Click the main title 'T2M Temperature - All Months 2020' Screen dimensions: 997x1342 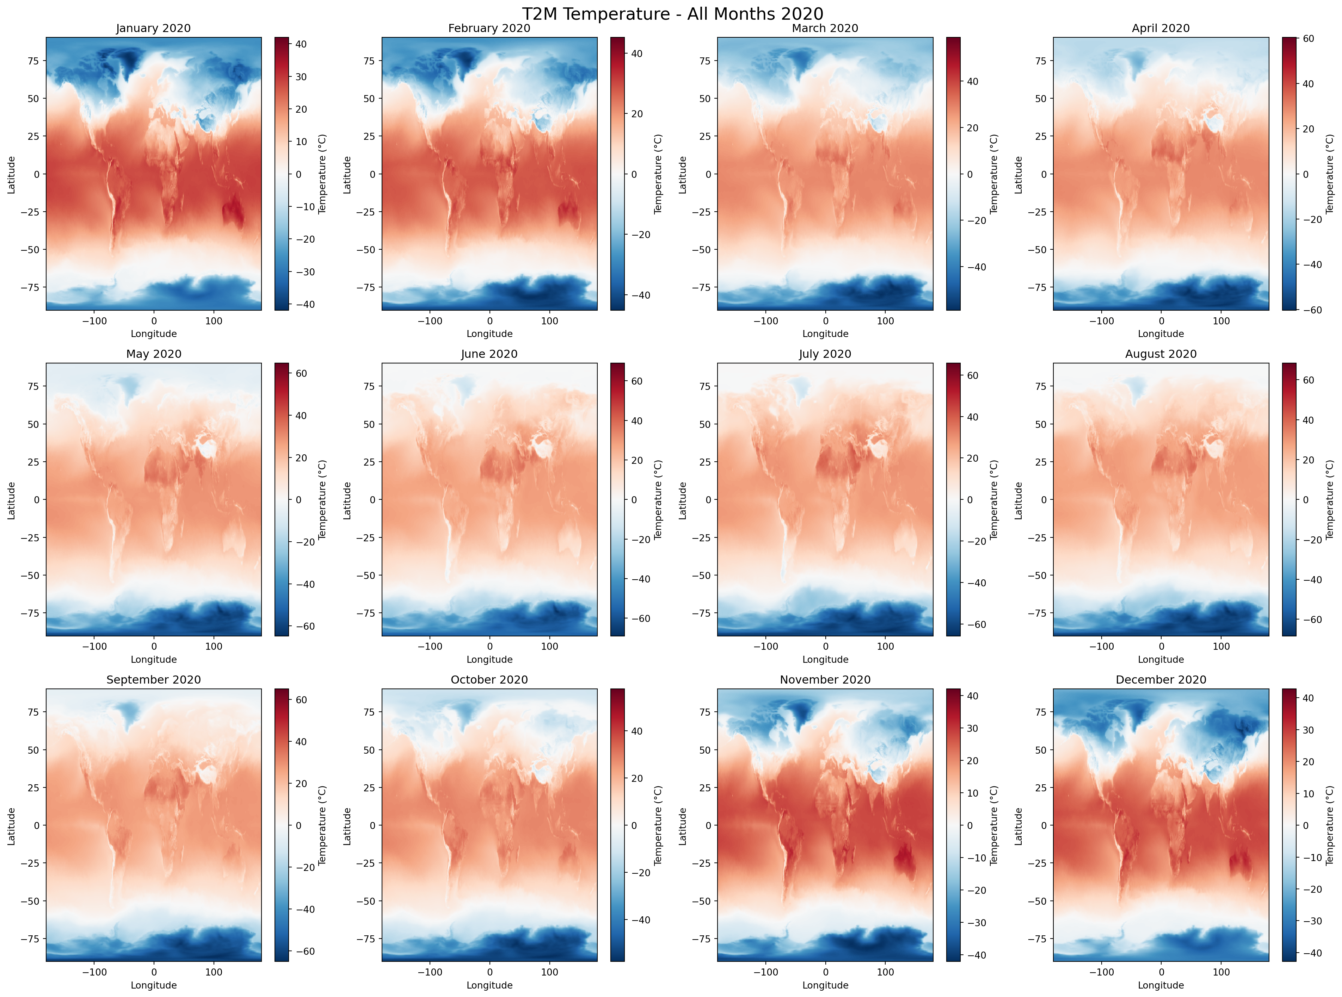pos(672,13)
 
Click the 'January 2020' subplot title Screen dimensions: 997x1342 pos(153,29)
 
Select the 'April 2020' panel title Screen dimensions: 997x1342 pos(1160,29)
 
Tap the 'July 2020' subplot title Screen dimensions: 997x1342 pos(825,354)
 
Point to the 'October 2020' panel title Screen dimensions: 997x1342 pos(489,680)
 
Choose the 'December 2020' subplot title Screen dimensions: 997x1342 pos(1160,680)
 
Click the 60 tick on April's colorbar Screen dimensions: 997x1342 pos(1308,39)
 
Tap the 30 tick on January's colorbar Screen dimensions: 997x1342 pos(300,77)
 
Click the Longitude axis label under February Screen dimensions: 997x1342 pos(489,334)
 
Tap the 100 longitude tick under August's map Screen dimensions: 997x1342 pos(1221,646)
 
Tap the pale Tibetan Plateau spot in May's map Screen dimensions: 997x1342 pos(207,448)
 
